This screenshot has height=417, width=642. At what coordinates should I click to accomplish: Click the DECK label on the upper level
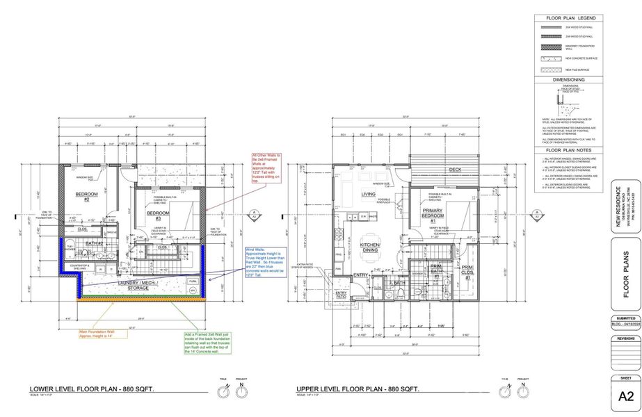(x=455, y=170)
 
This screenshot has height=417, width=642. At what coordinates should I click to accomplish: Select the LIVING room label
(x=368, y=194)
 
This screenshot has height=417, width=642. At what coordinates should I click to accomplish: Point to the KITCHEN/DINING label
(x=369, y=247)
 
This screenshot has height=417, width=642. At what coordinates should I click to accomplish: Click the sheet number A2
(x=625, y=397)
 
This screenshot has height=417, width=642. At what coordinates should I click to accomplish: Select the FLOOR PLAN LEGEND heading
(x=568, y=18)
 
